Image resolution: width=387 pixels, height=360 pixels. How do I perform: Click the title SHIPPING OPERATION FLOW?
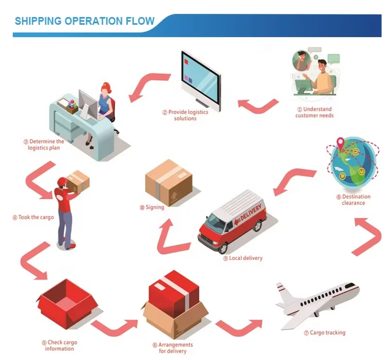coord(85,21)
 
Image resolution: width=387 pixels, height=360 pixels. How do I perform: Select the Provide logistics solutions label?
coord(185,115)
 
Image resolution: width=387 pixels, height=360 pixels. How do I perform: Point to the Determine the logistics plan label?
coord(44,145)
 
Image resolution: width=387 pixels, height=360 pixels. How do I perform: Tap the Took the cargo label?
coord(33,218)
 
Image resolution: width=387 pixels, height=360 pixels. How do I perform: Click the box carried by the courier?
coord(78,182)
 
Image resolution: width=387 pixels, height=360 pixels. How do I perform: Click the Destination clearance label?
coord(353,200)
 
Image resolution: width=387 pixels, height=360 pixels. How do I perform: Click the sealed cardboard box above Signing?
coord(169,182)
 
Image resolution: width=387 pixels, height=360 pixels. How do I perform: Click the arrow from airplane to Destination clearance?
coord(367,235)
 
